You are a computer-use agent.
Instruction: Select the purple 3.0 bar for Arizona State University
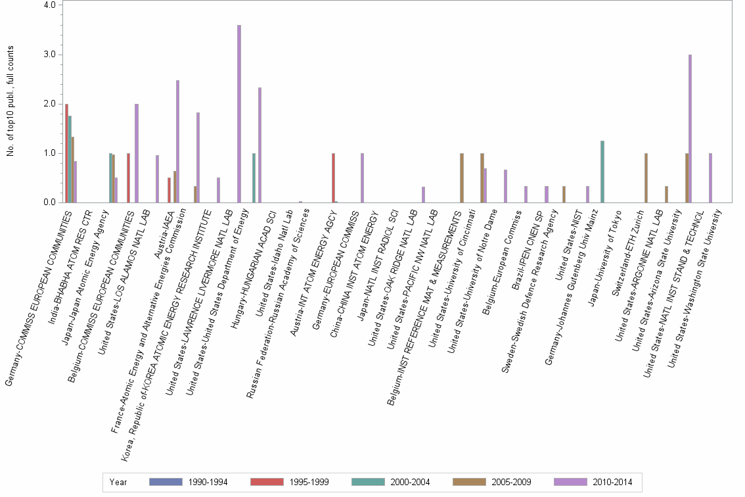point(690,129)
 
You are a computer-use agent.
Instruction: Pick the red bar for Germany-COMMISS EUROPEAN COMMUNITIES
point(66,153)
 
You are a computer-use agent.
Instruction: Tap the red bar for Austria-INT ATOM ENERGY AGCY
point(333,177)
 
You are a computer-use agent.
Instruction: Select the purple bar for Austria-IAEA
point(177,141)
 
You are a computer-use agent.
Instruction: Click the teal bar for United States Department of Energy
point(254,177)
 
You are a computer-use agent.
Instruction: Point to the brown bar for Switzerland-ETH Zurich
point(646,177)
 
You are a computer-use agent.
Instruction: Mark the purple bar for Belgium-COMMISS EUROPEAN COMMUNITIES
point(137,153)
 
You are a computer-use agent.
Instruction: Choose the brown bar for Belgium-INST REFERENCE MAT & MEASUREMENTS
point(462,177)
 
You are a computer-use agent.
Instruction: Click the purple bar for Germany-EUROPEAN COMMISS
point(362,177)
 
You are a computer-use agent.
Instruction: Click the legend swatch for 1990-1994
point(165,482)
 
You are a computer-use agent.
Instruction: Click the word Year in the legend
point(118,482)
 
